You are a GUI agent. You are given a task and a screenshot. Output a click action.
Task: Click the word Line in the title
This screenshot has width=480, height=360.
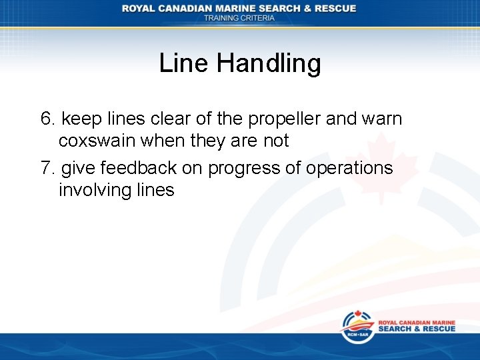click(184, 64)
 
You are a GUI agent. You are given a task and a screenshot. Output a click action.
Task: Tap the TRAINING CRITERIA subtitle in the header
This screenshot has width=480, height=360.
click(239, 18)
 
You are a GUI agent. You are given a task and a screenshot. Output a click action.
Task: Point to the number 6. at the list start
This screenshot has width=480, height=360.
click(48, 119)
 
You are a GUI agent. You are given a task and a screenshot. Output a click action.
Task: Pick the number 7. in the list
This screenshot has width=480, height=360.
click(48, 168)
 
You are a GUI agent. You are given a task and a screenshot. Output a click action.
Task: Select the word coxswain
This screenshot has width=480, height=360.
click(94, 141)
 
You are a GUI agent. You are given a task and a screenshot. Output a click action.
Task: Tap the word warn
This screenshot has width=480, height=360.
click(381, 119)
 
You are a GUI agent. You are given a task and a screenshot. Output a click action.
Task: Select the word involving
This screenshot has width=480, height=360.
click(93, 191)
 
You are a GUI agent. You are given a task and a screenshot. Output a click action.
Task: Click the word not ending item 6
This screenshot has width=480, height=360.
click(275, 141)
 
